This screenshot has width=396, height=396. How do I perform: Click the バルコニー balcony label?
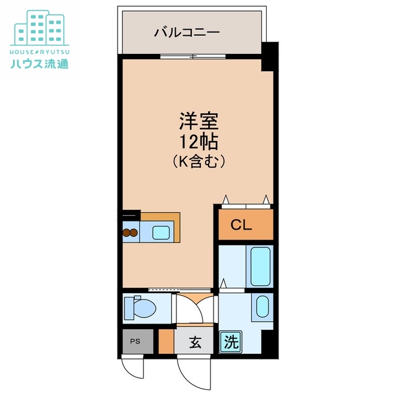point(187,31)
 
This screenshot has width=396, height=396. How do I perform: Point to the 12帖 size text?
point(198,141)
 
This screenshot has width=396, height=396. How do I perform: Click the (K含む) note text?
point(198,161)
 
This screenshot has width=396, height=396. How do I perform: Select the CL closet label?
point(242,225)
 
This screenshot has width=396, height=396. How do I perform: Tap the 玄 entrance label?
point(194,341)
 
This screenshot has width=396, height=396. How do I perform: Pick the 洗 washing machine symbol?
point(231,341)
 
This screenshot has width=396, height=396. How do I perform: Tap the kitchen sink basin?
point(161,233)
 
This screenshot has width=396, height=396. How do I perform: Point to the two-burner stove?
point(130,233)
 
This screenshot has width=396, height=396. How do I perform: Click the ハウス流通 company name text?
point(39,62)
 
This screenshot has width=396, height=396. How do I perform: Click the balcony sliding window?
point(192,57)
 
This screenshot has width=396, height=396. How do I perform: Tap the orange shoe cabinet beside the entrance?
point(165,342)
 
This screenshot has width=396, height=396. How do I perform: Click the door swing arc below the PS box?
point(135,368)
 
